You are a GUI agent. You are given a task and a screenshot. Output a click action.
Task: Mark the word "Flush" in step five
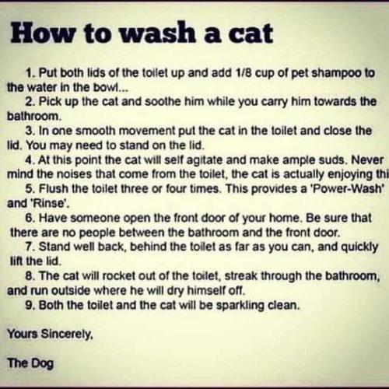coord(54,189)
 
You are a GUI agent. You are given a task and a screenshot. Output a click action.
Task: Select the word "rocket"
coord(118,276)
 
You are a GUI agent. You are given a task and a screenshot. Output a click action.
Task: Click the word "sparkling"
coord(240,306)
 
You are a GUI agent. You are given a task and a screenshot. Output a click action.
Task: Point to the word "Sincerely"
coord(67,335)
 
